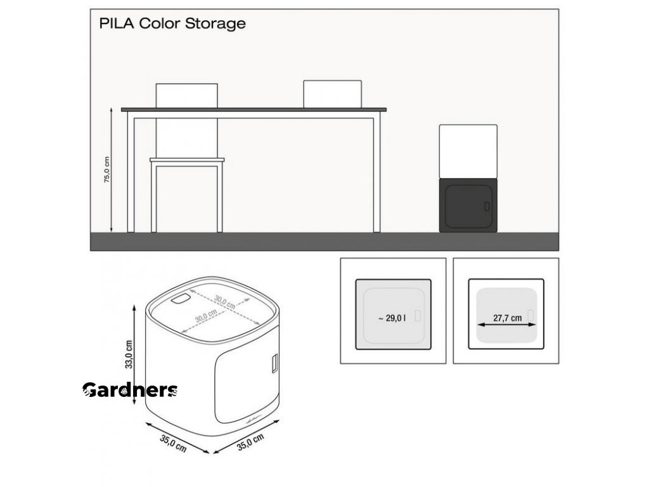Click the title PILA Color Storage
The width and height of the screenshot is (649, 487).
pyautogui.click(x=172, y=24)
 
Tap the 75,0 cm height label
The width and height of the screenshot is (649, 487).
pyautogui.click(x=107, y=170)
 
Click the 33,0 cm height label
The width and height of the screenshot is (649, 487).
pyautogui.click(x=129, y=354)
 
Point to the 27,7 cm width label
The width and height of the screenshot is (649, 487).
pyautogui.click(x=508, y=318)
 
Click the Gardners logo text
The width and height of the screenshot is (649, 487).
pyautogui.click(x=130, y=391)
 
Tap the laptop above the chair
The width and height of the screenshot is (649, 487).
pyautogui.click(x=187, y=95)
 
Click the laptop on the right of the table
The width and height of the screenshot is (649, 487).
pyautogui.click(x=332, y=93)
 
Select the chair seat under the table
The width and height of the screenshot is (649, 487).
pyautogui.click(x=187, y=160)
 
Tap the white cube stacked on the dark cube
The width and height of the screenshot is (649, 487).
pyautogui.click(x=468, y=151)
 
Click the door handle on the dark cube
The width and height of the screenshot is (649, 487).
pyautogui.click(x=486, y=206)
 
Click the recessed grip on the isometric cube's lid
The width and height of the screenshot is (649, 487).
pyautogui.click(x=181, y=299)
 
